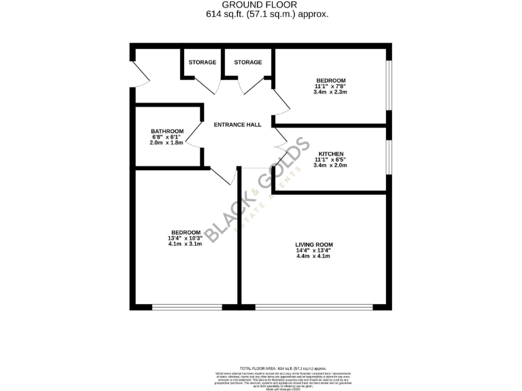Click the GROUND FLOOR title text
coord(261,4)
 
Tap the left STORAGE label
coord(203,62)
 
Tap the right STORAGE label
coord(248,62)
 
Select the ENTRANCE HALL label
coord(237,125)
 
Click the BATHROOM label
coord(167,131)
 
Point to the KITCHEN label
coord(330,154)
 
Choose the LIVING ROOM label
coord(314,244)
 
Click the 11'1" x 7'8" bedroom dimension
coord(330,86)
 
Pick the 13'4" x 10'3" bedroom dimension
coord(186,238)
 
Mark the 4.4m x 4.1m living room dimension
coord(313,256)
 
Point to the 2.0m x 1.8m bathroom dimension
coord(167,143)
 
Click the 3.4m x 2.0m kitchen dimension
coord(330,165)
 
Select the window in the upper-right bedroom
coord(389,86)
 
